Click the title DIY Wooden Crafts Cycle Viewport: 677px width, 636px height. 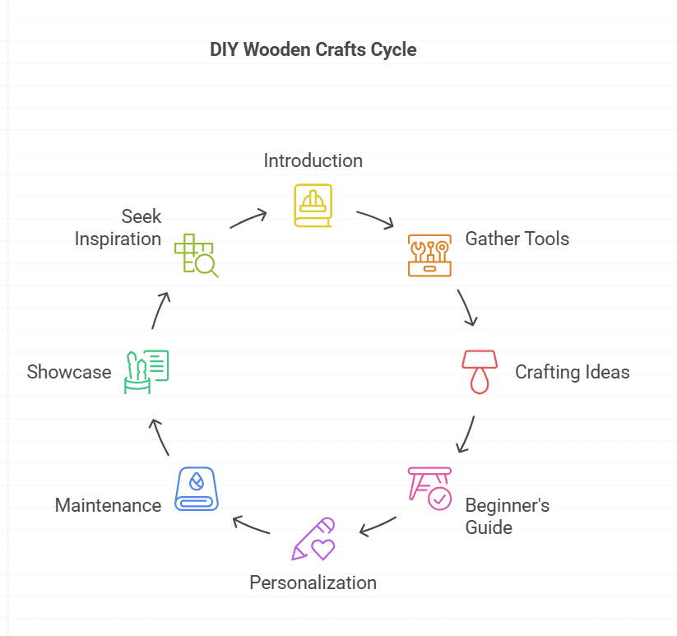click(313, 49)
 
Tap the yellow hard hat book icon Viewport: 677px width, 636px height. click(313, 205)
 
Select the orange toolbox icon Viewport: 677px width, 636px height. click(429, 254)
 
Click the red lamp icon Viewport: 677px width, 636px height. click(479, 371)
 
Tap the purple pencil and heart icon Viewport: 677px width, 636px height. click(313, 539)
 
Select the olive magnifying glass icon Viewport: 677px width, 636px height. click(196, 255)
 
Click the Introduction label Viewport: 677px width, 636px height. click(313, 160)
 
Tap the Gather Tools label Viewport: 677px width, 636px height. click(517, 239)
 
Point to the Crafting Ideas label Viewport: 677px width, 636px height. click(573, 372)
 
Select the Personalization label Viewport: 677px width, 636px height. click(313, 583)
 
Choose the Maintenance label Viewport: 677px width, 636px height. click(108, 505)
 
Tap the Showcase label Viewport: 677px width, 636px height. click(69, 372)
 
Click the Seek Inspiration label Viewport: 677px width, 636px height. click(118, 228)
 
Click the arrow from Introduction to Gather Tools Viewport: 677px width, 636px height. click(375, 220)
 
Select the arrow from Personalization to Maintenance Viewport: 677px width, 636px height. click(252, 526)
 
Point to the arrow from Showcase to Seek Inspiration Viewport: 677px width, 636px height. click(160, 309)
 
